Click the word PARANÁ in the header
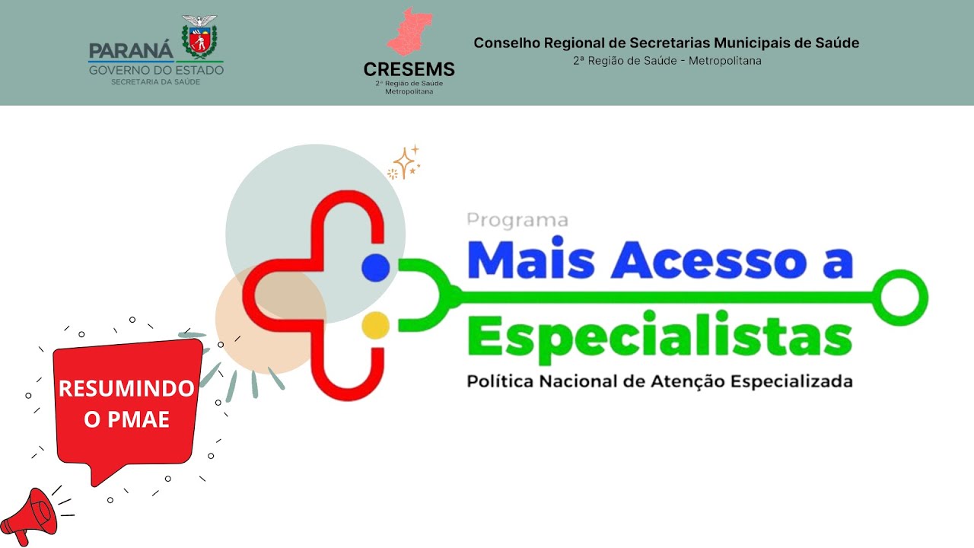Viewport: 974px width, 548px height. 131,51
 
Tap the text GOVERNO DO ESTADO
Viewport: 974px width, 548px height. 156,70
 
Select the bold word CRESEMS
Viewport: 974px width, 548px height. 409,69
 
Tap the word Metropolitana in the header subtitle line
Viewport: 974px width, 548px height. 724,61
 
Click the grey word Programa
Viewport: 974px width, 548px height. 517,221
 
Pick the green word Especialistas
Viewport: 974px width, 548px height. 660,338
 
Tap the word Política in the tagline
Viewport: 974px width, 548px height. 500,381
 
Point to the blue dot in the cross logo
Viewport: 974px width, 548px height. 376,266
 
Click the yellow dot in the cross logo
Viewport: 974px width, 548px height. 376,325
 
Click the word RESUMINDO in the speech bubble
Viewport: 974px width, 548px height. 126,389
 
